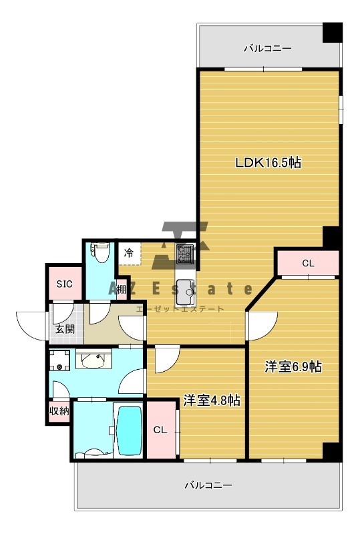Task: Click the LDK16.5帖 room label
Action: pos(268,162)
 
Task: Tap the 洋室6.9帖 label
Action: pos(293,366)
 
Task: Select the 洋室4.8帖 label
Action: pos(212,400)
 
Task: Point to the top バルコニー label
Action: pos(267,48)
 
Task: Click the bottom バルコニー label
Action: pos(208,485)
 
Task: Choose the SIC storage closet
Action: pos(64,283)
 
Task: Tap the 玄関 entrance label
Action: pos(65,329)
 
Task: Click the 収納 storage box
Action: pos(59,411)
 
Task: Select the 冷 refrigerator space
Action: pos(129,254)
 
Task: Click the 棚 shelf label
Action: pos(122,290)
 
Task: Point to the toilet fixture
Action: pos(100,252)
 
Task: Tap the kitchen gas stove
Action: pos(185,254)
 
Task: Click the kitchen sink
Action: pos(186,292)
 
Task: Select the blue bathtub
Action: pos(130,431)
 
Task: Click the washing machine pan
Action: pos(59,360)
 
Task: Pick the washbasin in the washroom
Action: pos(93,360)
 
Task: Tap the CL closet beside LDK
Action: pos(308,263)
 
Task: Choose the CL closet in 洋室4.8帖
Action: pos(160,430)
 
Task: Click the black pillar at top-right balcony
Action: pos(333,32)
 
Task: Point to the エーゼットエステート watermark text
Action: pos(180,309)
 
